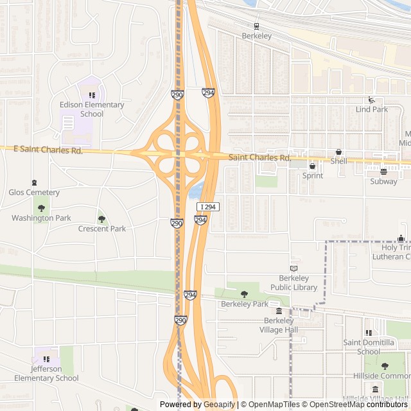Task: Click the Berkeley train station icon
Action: [256, 26]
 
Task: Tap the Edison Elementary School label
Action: [92, 109]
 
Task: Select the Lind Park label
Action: [372, 109]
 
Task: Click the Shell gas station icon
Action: [338, 152]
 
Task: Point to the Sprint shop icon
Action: [313, 166]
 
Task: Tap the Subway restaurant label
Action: [383, 181]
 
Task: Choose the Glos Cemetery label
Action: [34, 192]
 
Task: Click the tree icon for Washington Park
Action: [42, 208]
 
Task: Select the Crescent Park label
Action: [102, 229]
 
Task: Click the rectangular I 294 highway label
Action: [208, 207]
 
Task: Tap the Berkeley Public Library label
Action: [294, 283]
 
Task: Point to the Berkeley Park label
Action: [244, 304]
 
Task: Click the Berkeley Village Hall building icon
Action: [279, 311]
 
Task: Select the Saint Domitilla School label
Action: [369, 347]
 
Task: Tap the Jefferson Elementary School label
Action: [46, 373]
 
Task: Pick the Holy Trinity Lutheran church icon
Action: [401, 238]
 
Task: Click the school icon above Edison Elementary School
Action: [92, 95]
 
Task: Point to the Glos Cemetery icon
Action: [34, 182]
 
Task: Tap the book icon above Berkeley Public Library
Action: [294, 268]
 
